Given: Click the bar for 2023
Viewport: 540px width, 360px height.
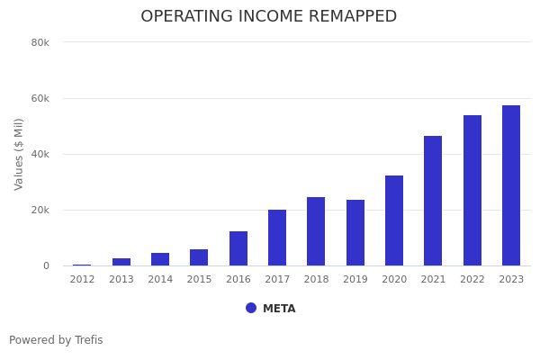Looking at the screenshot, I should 511,185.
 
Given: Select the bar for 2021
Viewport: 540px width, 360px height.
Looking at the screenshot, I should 433,201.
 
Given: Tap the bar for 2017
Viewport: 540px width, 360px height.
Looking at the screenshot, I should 277,238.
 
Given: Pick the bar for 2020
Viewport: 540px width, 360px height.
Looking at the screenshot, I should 394,220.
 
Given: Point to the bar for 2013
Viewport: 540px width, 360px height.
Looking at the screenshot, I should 121,262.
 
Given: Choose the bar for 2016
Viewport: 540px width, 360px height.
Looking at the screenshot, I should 238,248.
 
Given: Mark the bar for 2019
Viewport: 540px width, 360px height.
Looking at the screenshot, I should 355,233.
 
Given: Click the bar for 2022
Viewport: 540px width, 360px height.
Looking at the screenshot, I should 472,191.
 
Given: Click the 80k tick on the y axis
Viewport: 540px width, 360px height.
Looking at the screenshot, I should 40,42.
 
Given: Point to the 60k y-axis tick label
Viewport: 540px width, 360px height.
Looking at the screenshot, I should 40,98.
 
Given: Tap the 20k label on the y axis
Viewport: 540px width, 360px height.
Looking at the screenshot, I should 40,210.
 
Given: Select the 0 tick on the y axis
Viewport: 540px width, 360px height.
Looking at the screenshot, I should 45,265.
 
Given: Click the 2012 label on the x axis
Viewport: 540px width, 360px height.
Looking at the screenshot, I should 82,280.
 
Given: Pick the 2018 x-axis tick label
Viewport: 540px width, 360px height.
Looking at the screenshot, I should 316,280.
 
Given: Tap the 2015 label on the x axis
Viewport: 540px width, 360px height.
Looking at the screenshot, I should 199,280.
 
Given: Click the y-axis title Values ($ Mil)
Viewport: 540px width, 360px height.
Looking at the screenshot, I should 19,154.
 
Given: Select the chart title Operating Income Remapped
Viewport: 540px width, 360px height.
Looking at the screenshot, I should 268,17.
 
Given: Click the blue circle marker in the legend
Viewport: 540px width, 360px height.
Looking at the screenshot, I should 251,308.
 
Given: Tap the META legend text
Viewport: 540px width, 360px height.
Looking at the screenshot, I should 279,309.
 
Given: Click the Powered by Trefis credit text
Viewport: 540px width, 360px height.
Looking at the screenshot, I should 56,340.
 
